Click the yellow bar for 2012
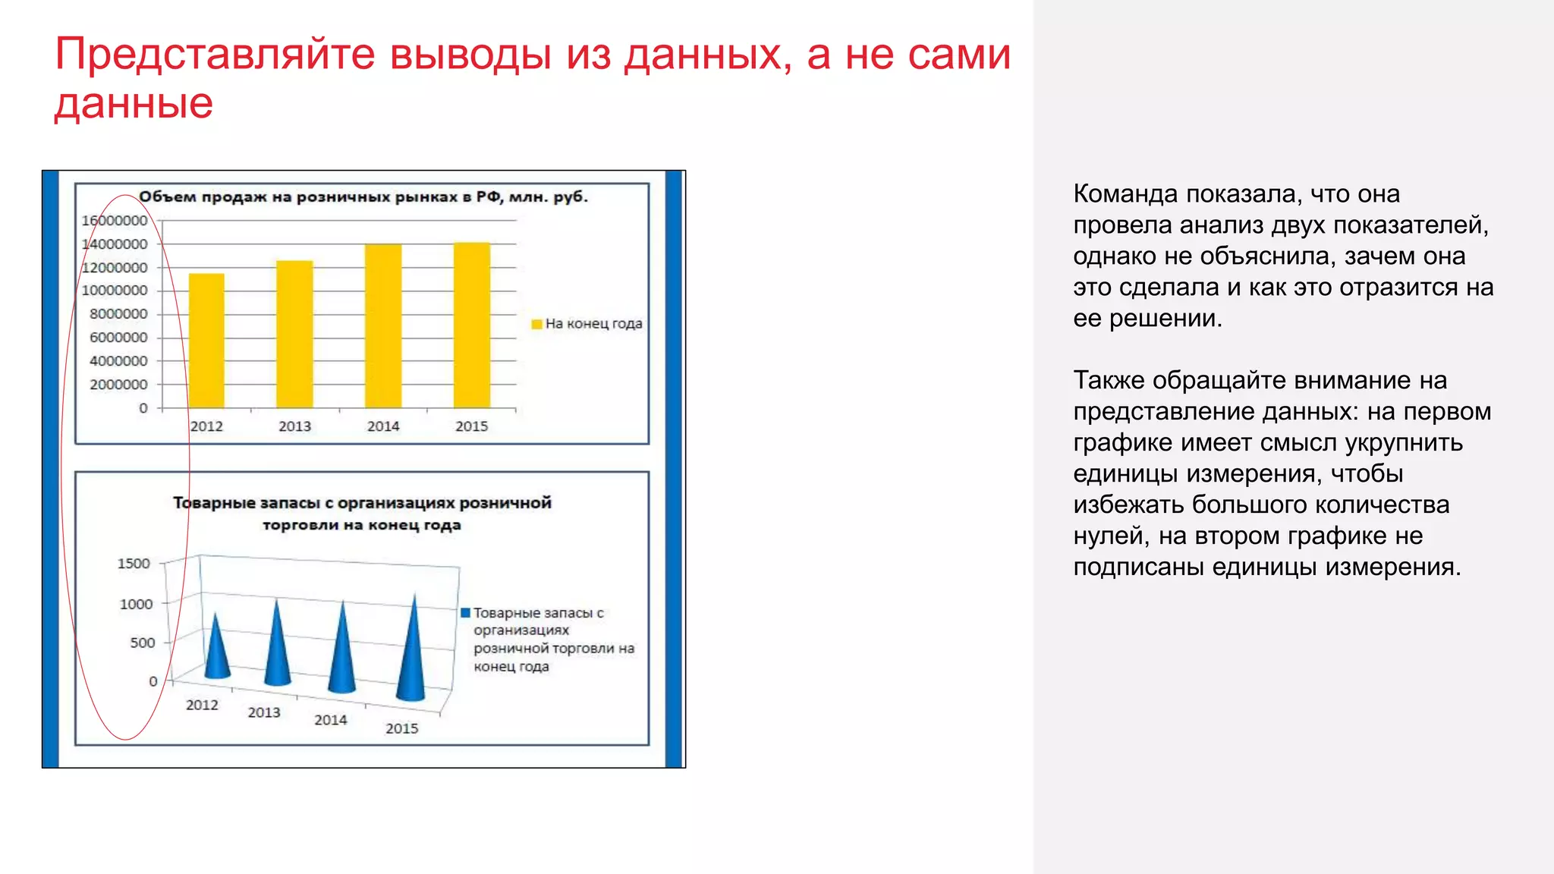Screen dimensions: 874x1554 click(206, 341)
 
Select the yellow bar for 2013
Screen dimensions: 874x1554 click(294, 335)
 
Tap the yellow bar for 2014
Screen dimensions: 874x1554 click(383, 326)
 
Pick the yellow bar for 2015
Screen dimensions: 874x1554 click(472, 325)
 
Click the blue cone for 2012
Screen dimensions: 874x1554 click(217, 652)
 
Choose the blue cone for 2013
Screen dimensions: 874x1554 click(277, 649)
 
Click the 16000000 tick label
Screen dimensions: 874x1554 click(115, 221)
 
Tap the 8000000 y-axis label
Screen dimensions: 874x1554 click(118, 314)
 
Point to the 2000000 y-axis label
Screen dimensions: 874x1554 click(118, 385)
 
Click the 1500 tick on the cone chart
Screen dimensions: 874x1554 click(134, 564)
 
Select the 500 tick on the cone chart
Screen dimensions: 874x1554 click(142, 643)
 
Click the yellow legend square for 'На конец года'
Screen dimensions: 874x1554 click(536, 324)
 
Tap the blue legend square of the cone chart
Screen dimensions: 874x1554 click(466, 613)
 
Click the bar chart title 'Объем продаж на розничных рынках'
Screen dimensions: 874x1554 click(363, 197)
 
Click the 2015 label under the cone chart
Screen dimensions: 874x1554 click(401, 728)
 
